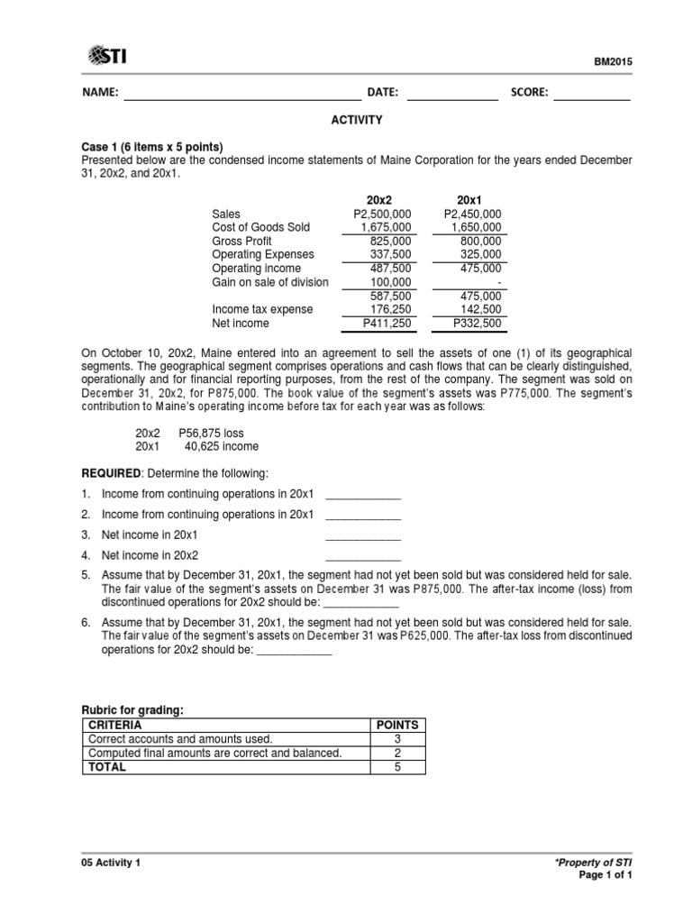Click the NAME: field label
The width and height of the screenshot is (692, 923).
pos(100,93)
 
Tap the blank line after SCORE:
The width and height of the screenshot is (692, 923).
pos(591,94)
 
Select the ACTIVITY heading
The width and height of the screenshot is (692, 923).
pos(358,119)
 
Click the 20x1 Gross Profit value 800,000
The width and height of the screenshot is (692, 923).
pos(479,242)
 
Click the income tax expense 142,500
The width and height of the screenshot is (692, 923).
pos(479,309)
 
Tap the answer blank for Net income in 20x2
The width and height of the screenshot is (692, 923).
pos(362,555)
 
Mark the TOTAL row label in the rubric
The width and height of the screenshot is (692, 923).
pos(106,767)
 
